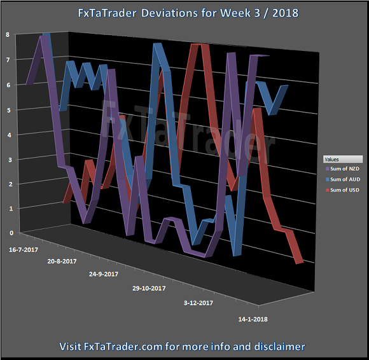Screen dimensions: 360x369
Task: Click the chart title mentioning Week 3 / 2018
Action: (x=184, y=13)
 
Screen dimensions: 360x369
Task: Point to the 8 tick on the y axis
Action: (x=7, y=35)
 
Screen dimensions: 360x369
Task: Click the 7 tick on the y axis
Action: (x=7, y=60)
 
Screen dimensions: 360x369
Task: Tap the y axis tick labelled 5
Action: (x=7, y=110)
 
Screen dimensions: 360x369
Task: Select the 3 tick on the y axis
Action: (x=7, y=159)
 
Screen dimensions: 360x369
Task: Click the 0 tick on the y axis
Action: (x=7, y=233)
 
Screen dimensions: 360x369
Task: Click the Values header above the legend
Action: (x=331, y=159)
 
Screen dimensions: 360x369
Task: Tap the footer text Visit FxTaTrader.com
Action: (x=184, y=347)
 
